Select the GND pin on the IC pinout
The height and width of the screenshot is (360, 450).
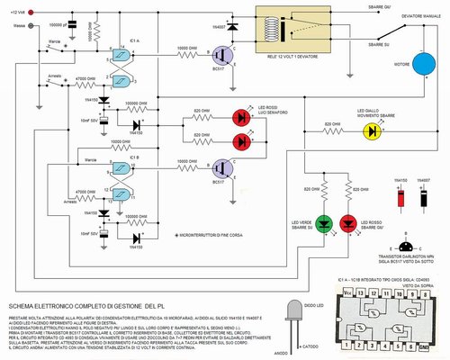tap(423, 344)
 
